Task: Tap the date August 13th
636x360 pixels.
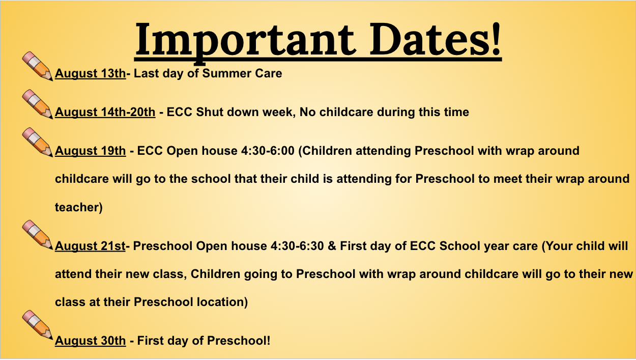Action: tap(90, 74)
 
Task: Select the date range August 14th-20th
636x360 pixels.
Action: tap(105, 112)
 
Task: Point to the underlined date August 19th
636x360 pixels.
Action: tap(90, 151)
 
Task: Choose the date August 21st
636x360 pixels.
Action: tap(90, 246)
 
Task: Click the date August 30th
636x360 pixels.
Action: tap(90, 341)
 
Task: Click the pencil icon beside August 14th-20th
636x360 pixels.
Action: tap(38, 104)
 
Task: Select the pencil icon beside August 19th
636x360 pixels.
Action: tap(38, 142)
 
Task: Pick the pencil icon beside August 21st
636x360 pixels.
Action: tap(38, 235)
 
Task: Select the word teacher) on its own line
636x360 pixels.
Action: tap(78, 208)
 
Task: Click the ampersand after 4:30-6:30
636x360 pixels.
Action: tap(332, 246)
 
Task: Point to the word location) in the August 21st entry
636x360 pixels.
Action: tap(222, 302)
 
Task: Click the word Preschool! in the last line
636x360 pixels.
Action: tap(239, 341)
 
